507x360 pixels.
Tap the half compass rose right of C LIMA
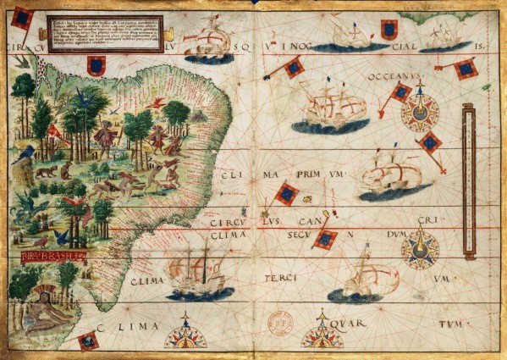click(x=185, y=333)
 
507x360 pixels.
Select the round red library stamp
click(x=280, y=322)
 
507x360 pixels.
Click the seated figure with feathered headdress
click(x=37, y=313)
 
